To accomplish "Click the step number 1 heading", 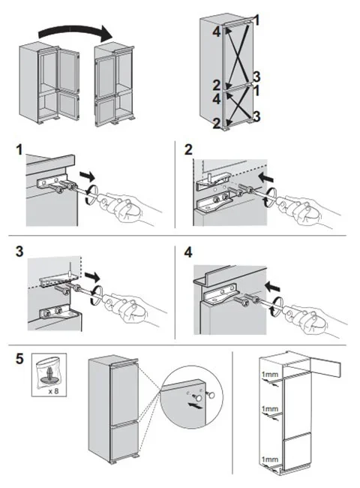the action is (x=19, y=150).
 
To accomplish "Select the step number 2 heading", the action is (x=188, y=150).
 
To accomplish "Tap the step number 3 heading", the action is (x=19, y=252).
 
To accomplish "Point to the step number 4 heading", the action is (x=188, y=252).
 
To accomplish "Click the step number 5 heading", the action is (x=19, y=359).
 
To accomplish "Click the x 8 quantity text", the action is (x=53, y=391).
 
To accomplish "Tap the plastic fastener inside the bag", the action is (x=49, y=375).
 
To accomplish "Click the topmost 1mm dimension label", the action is (x=269, y=374).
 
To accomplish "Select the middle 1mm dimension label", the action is (x=269, y=408).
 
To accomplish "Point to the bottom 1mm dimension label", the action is (x=269, y=459).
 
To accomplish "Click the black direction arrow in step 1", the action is (x=87, y=176).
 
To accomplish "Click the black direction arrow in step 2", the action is (x=266, y=178).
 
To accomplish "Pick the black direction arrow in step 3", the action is (x=92, y=276).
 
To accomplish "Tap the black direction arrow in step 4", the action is (x=271, y=286).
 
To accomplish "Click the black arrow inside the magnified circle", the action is (x=194, y=405).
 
